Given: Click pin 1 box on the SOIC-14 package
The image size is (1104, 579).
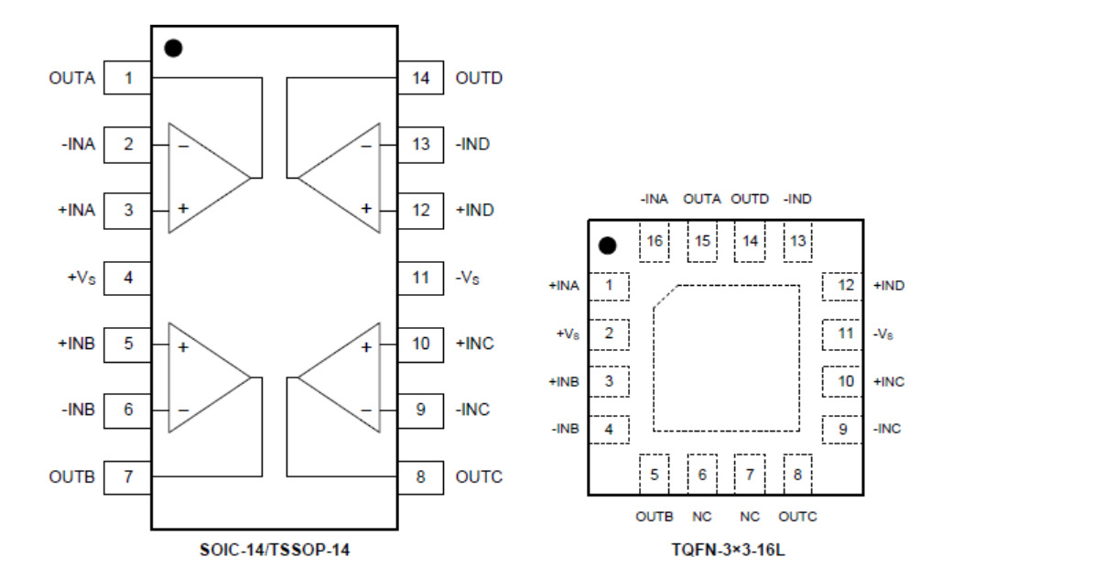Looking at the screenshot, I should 127,78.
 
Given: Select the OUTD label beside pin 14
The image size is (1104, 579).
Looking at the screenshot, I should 479,78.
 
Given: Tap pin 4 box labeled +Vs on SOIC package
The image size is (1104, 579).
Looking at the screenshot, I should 127,278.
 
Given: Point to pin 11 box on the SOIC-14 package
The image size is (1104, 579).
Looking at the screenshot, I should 420,278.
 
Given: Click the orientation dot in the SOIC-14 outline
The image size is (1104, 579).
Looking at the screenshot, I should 173,48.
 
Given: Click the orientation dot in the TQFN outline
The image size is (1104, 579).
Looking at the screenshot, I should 607,246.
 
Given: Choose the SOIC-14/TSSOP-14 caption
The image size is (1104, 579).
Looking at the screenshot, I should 275,552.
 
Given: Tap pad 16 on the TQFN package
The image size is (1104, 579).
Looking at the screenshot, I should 654,242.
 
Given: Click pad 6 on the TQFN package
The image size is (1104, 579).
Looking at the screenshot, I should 702,475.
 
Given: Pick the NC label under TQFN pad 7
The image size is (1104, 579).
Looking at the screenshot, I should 750,517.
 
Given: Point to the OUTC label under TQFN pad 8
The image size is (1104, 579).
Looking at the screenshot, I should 798,517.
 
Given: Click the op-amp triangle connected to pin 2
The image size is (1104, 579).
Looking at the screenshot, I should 203,177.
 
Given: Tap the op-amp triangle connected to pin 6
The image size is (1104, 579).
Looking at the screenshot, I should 203,377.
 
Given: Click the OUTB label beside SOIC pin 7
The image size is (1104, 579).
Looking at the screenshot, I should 71,477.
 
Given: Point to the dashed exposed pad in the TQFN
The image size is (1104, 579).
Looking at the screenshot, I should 726,357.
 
